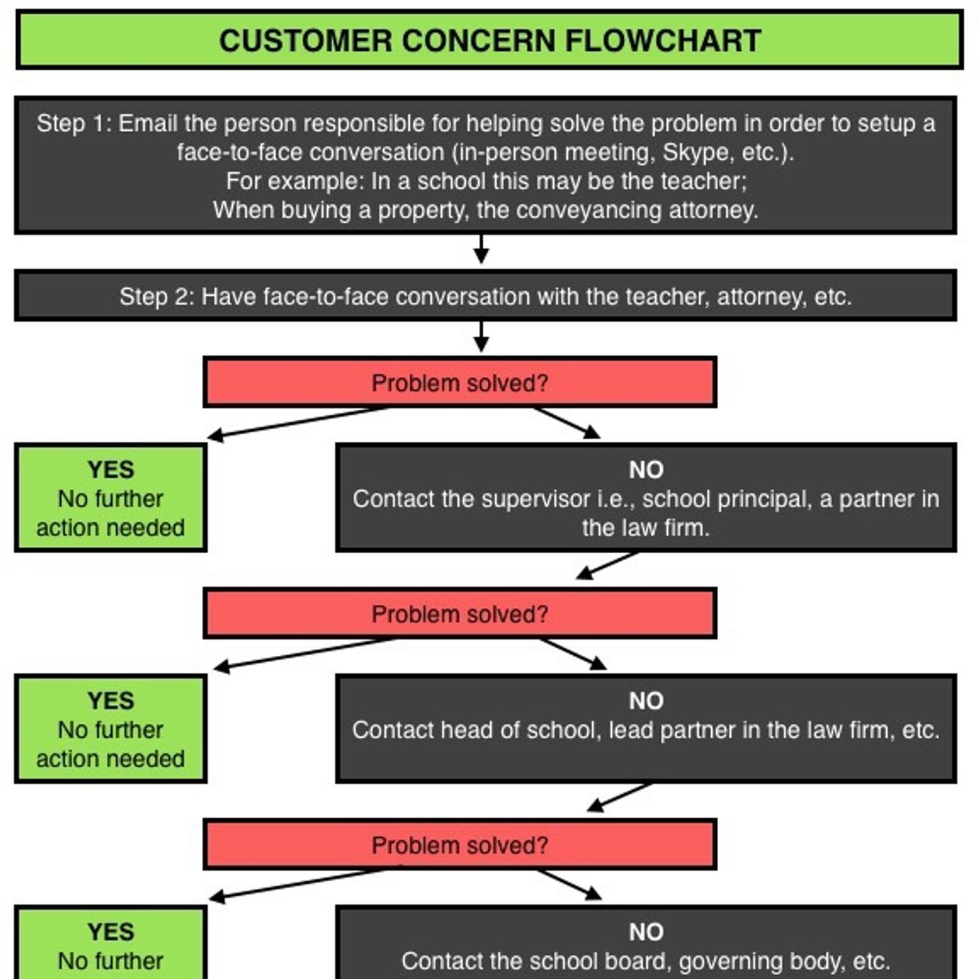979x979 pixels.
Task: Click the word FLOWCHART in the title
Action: point(663,41)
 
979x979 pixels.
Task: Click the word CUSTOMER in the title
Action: point(306,41)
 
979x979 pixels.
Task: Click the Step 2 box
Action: point(485,296)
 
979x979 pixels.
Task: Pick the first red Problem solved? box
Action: point(459,383)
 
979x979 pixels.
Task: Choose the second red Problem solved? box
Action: point(459,614)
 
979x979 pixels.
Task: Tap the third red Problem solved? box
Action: point(459,845)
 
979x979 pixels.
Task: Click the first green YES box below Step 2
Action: point(110,498)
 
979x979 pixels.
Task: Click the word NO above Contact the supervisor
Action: point(646,470)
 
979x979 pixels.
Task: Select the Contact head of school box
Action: point(645,729)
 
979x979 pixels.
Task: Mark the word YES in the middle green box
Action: point(110,701)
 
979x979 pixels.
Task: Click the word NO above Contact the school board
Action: point(646,932)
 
